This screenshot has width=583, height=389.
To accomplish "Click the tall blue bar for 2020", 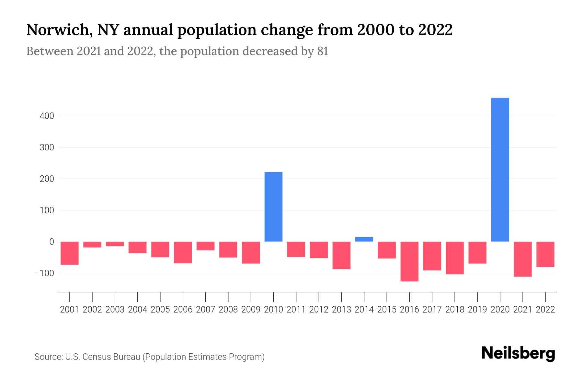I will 500,170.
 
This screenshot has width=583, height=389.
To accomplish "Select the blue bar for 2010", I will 273,207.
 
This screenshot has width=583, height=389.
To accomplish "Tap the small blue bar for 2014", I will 364,239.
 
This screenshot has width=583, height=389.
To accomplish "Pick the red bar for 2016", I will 409,261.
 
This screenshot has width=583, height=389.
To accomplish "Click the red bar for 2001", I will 70,253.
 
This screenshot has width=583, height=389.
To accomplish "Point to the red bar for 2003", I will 115,244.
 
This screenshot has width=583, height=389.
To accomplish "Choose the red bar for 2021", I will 522,259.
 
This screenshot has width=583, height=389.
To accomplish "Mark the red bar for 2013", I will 341,255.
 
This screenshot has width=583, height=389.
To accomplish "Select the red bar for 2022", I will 545,254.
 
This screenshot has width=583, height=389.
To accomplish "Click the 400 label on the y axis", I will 47,116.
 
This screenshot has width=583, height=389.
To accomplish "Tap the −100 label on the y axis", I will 45,273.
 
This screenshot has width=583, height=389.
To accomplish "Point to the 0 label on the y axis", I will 51,242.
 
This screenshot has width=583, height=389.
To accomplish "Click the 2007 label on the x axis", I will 205,310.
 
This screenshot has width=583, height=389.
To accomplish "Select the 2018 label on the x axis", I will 454,310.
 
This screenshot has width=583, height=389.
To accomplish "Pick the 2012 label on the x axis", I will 319,310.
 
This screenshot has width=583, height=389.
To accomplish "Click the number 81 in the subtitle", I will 323,51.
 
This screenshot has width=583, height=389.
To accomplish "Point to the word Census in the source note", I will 96,357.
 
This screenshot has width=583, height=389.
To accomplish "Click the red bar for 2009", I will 251,253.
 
